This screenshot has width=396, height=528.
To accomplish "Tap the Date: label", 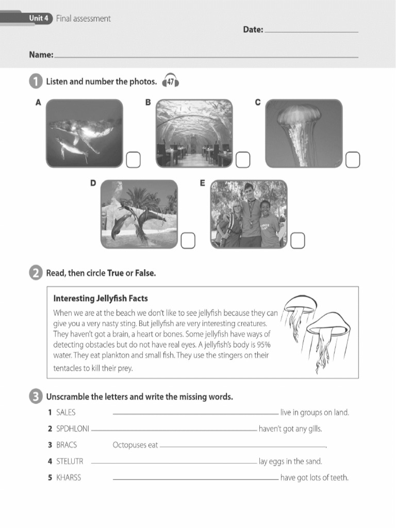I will (x=253, y=30).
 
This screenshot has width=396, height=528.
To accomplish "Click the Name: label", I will (x=41, y=55).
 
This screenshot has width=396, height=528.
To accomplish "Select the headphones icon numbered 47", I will (x=170, y=82).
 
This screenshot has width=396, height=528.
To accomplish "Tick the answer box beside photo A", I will (x=133, y=160).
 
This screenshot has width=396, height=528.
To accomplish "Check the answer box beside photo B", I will (x=243, y=160).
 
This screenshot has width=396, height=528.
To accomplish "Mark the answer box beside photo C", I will (x=353, y=160).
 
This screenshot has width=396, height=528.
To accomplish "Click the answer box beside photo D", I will (x=188, y=240).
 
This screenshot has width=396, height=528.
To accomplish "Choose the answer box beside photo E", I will (x=298, y=240).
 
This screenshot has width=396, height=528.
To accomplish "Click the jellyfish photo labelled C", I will (x=304, y=133).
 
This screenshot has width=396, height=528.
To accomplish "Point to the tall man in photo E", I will (x=250, y=214).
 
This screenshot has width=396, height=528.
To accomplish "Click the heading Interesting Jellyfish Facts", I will (x=101, y=299).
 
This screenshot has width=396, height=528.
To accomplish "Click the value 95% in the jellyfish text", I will (x=261, y=345).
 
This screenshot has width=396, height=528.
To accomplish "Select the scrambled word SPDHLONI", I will (x=72, y=429).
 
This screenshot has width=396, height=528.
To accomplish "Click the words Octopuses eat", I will (x=135, y=445).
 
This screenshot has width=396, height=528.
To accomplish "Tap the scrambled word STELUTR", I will (x=69, y=461).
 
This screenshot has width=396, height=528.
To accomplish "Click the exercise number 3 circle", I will (x=35, y=397).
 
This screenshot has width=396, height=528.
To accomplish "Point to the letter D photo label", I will (x=93, y=183).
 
